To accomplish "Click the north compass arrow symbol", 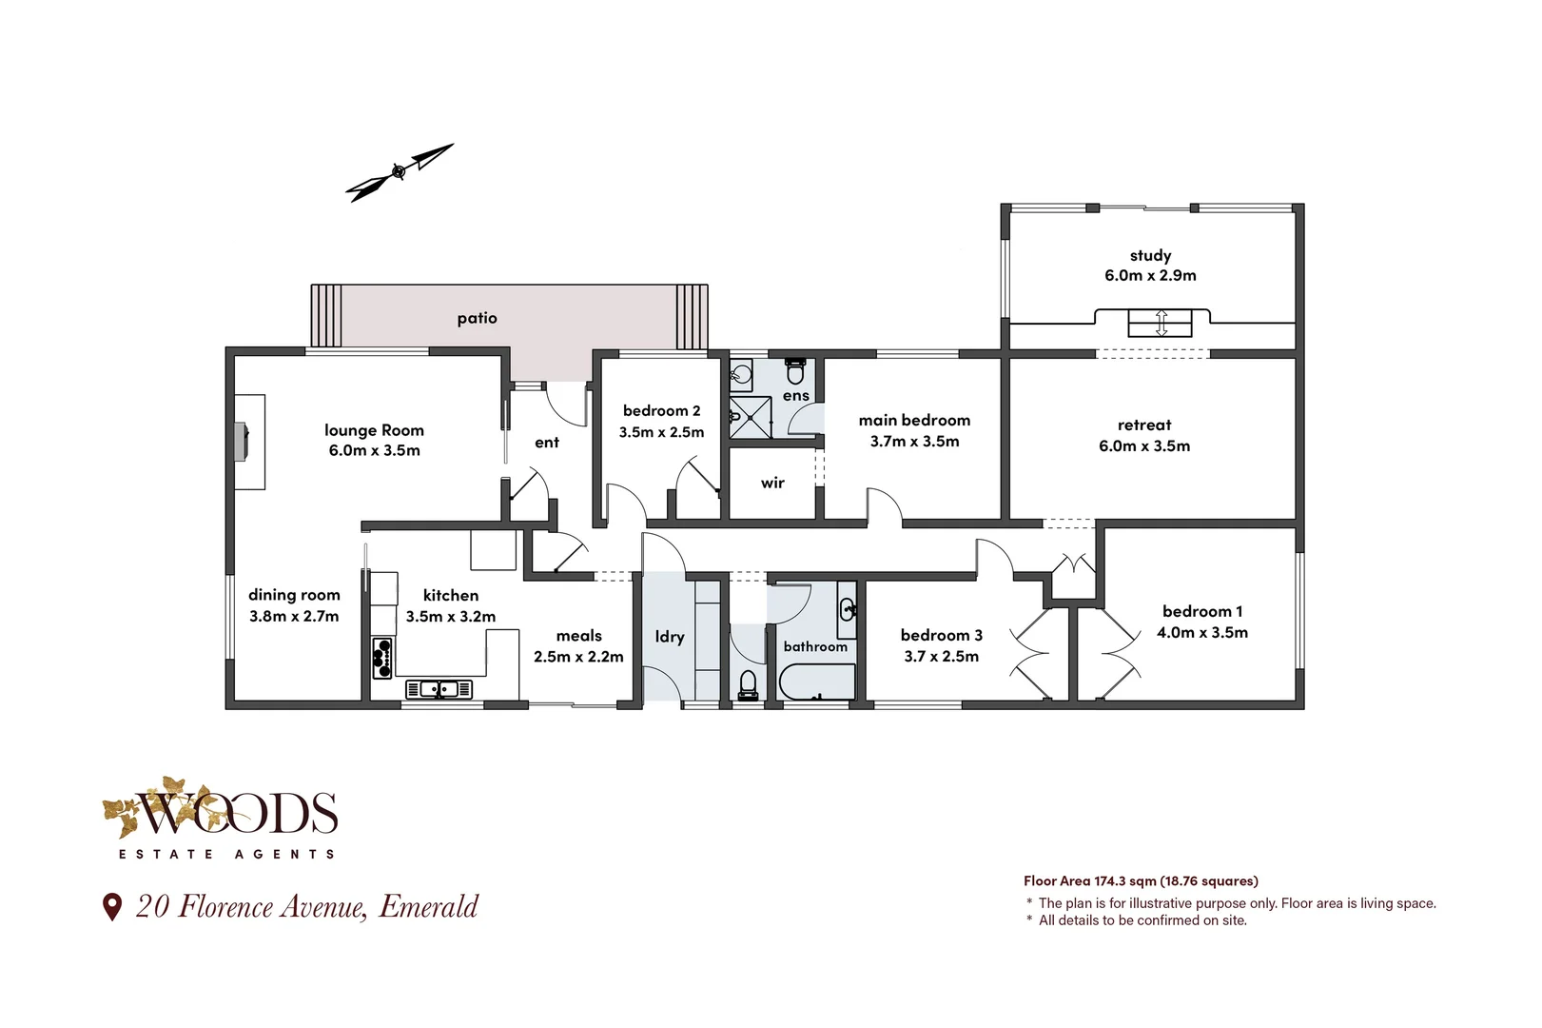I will tap(399, 172).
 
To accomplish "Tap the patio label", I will tap(477, 318).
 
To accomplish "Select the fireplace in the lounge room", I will tap(243, 442).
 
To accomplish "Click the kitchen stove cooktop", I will tap(382, 658).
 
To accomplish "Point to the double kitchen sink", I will tap(439, 688).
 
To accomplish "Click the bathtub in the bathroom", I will tap(816, 682).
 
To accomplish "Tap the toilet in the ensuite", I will tap(795, 371).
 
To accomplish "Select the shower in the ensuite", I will tap(751, 418).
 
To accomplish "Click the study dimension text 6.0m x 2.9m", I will tap(1150, 276).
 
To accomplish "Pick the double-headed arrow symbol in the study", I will tap(1161, 323).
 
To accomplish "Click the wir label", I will tap(772, 483).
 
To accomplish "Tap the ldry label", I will tap(670, 637).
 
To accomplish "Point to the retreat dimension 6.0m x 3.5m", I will tap(1144, 446).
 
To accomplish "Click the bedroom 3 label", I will tap(941, 635).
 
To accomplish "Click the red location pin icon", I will tap(112, 906).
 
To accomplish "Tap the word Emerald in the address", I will tap(429, 907).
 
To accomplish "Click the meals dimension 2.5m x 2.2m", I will tap(578, 657).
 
